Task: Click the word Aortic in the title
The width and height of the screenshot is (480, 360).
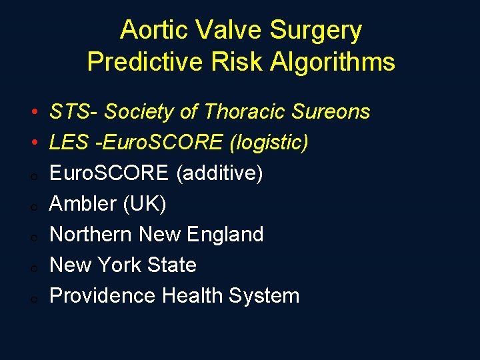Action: click(150, 31)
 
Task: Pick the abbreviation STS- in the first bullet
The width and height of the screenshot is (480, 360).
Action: click(73, 112)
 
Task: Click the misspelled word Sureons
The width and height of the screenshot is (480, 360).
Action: click(330, 112)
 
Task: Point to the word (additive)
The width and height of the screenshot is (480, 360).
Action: click(219, 173)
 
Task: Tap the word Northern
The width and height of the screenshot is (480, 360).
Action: click(91, 235)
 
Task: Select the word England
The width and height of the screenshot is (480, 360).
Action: click(225, 235)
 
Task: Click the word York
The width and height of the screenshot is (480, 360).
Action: click(123, 265)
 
